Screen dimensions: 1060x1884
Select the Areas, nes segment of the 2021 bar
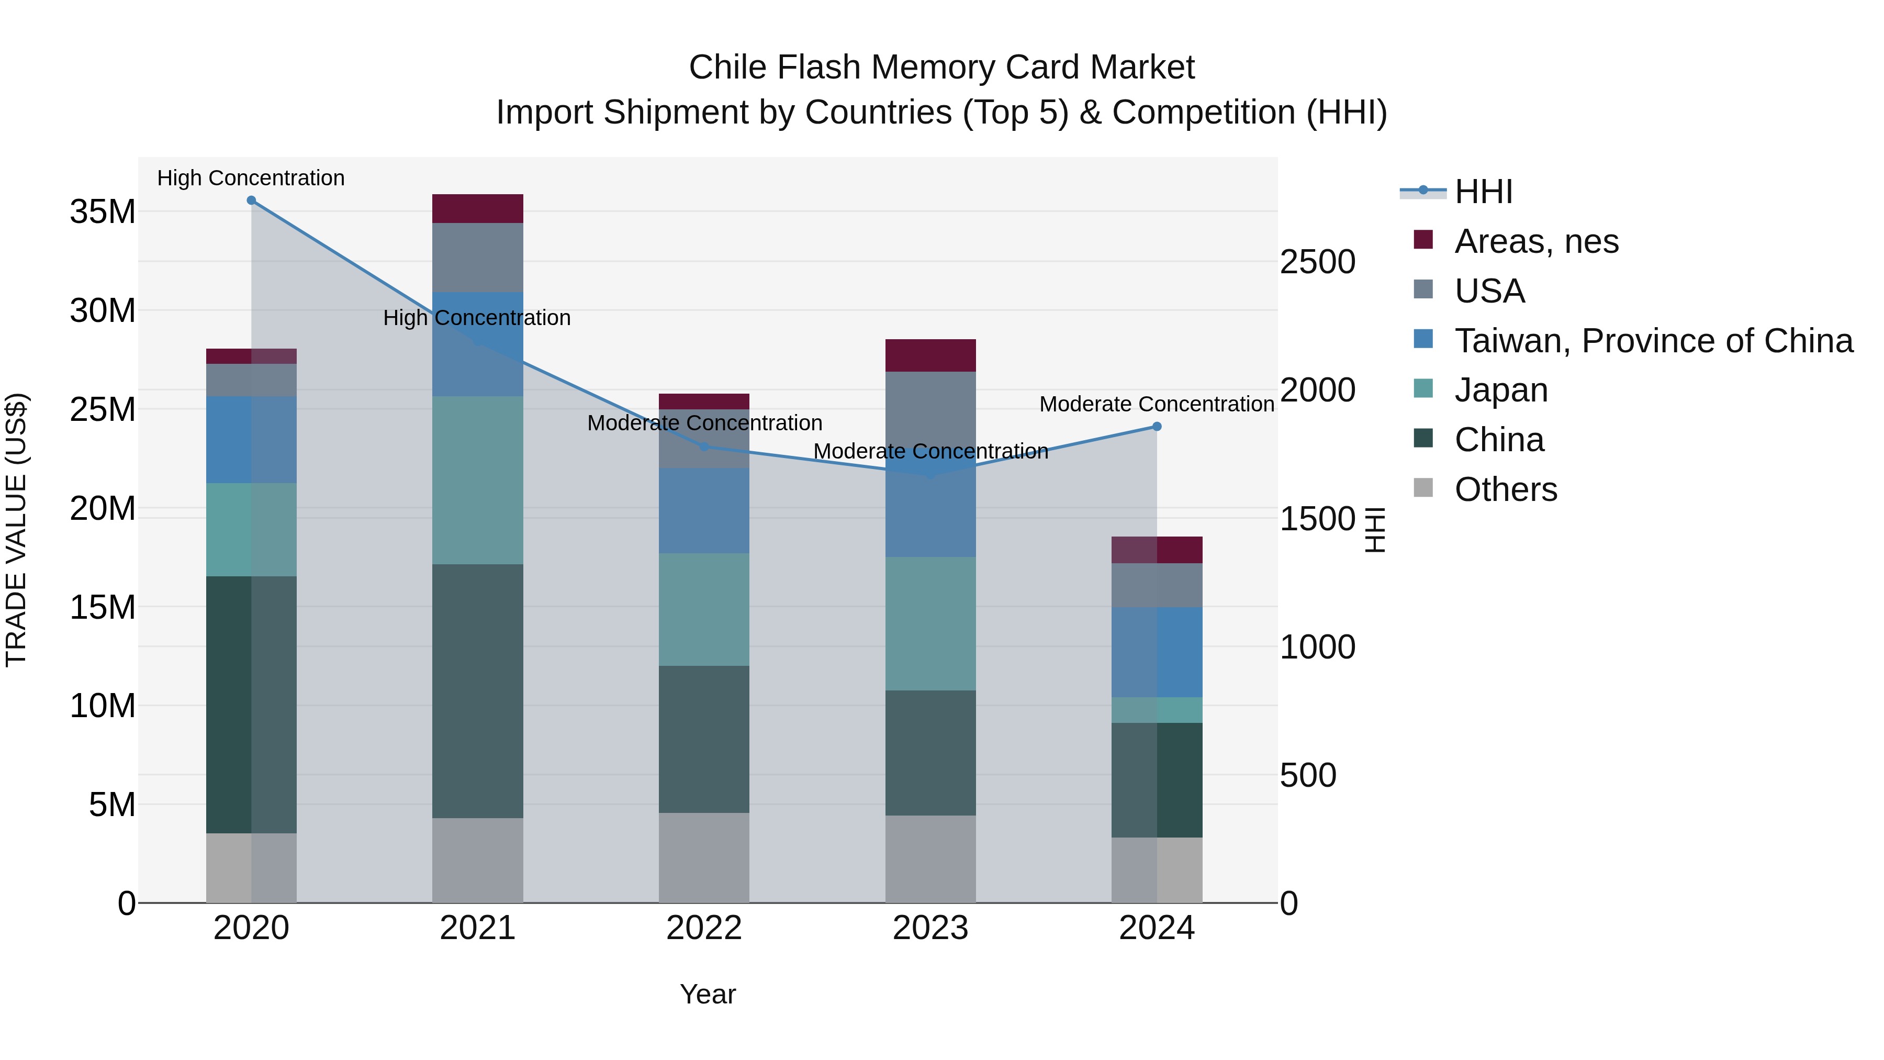[x=478, y=208]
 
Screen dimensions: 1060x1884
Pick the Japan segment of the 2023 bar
[x=930, y=623]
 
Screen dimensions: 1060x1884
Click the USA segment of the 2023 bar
[x=930, y=410]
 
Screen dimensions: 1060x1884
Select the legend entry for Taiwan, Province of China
[x=1653, y=341]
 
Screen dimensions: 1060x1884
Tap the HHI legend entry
[x=1483, y=192]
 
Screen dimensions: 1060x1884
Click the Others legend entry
[x=1505, y=489]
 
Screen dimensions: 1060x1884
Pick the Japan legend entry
[x=1501, y=390]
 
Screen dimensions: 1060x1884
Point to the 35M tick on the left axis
[x=103, y=212]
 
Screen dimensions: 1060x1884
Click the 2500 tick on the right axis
[x=1317, y=262]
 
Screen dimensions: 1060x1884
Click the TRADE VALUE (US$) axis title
[x=16, y=530]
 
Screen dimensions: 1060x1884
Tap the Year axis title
[x=707, y=994]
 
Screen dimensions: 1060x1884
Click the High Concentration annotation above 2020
[x=251, y=178]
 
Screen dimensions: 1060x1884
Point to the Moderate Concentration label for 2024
[x=1156, y=404]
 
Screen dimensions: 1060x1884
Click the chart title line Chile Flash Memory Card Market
[x=941, y=68]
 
